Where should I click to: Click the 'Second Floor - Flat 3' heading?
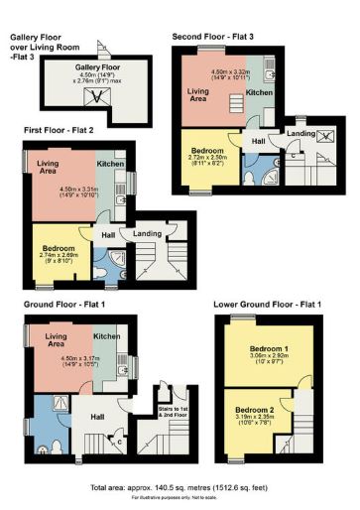[x=212, y=37]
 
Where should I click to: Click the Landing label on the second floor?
[x=300, y=133]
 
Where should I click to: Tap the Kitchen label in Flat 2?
[x=109, y=162]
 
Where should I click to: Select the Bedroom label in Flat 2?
[x=60, y=247]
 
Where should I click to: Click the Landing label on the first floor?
[x=148, y=235]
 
